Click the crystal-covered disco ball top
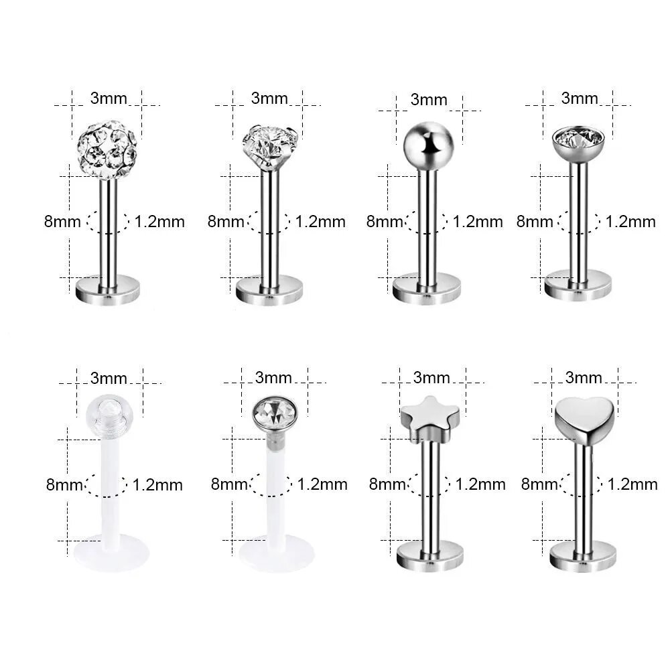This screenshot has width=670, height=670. click(107, 149)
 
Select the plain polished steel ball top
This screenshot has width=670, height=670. click(427, 145)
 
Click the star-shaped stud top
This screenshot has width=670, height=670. click(430, 418)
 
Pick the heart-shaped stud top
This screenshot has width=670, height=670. click(584, 419)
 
